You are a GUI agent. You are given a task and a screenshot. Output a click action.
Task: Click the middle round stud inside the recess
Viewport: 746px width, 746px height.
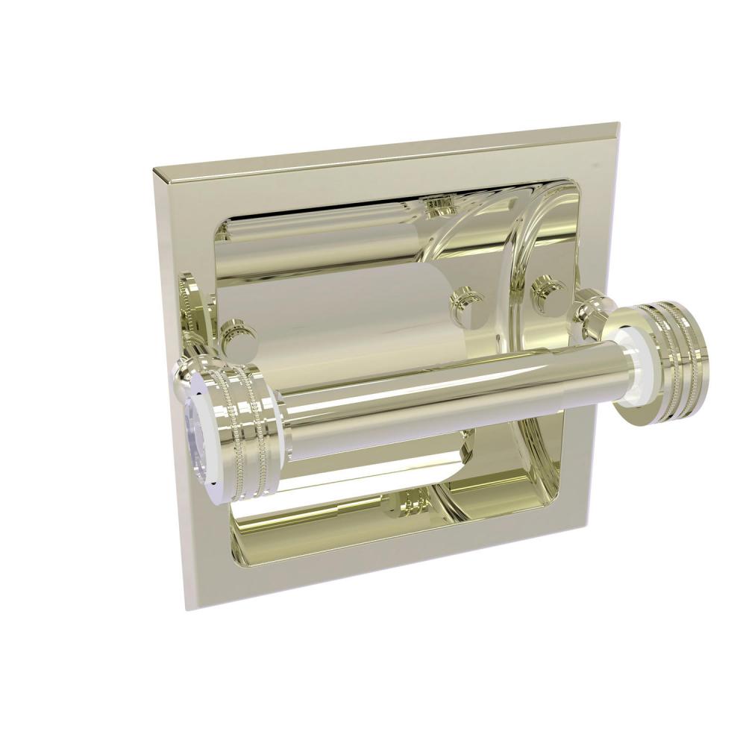468,304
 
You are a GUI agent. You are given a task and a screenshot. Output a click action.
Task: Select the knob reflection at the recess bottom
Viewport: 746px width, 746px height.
403,503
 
